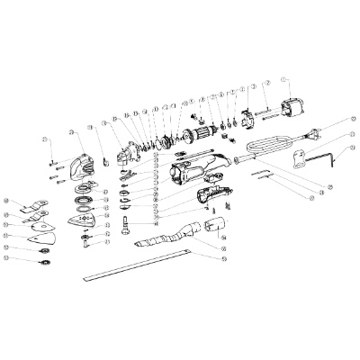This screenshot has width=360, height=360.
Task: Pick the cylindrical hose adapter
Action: (212, 227)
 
